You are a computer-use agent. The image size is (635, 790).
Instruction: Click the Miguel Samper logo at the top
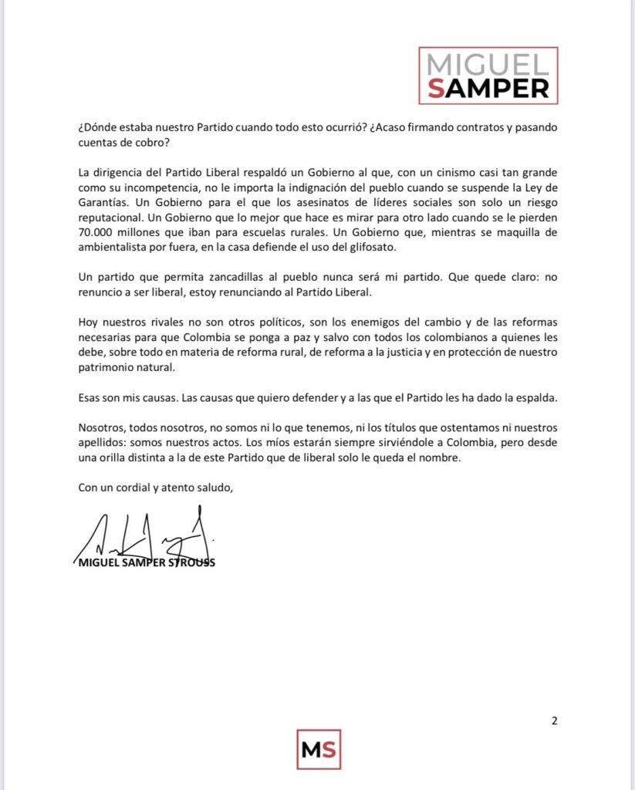point(488,75)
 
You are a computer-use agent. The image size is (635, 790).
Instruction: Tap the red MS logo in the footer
point(319,748)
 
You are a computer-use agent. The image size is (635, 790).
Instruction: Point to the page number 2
point(554,721)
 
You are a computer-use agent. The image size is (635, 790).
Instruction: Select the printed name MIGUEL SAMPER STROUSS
point(147,563)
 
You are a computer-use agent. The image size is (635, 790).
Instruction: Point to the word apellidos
point(102,442)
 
